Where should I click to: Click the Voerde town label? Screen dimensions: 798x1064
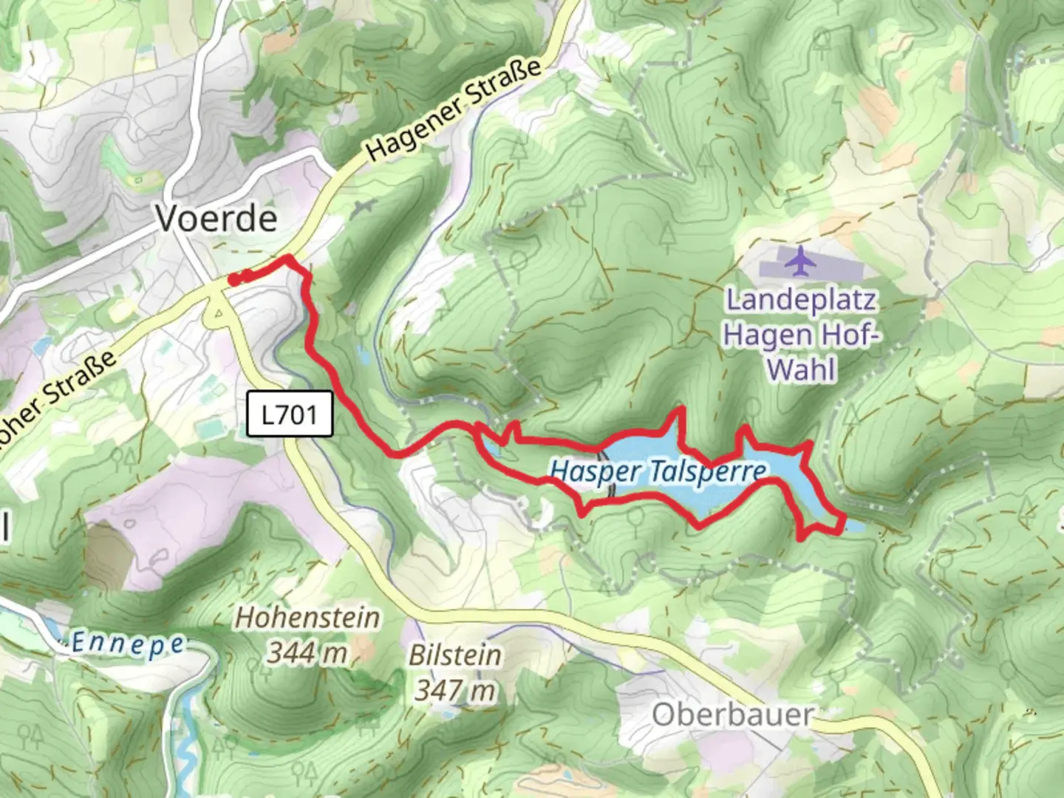pos(216,218)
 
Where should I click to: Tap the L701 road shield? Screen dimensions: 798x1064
pos(289,415)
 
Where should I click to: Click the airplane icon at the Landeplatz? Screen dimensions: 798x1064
pos(799,260)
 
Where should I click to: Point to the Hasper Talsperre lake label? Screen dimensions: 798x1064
pos(658,471)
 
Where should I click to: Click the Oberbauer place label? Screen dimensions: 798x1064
pos(732,715)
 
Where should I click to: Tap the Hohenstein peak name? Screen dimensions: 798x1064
pos(307,618)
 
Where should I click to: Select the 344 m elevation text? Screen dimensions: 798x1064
pos(307,652)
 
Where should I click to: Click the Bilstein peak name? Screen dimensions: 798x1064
pos(455,655)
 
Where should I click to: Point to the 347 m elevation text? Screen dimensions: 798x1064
pos(454,691)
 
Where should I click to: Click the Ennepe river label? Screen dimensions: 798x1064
pos(127,644)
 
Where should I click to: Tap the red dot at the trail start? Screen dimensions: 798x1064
pos(233,279)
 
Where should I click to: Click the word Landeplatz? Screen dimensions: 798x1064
pos(801,300)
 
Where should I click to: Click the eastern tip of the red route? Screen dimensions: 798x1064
pos(842,523)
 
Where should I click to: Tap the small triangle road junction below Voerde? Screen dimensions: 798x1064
pos(219,316)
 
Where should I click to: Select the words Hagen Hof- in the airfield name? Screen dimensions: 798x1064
pos(802,334)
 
